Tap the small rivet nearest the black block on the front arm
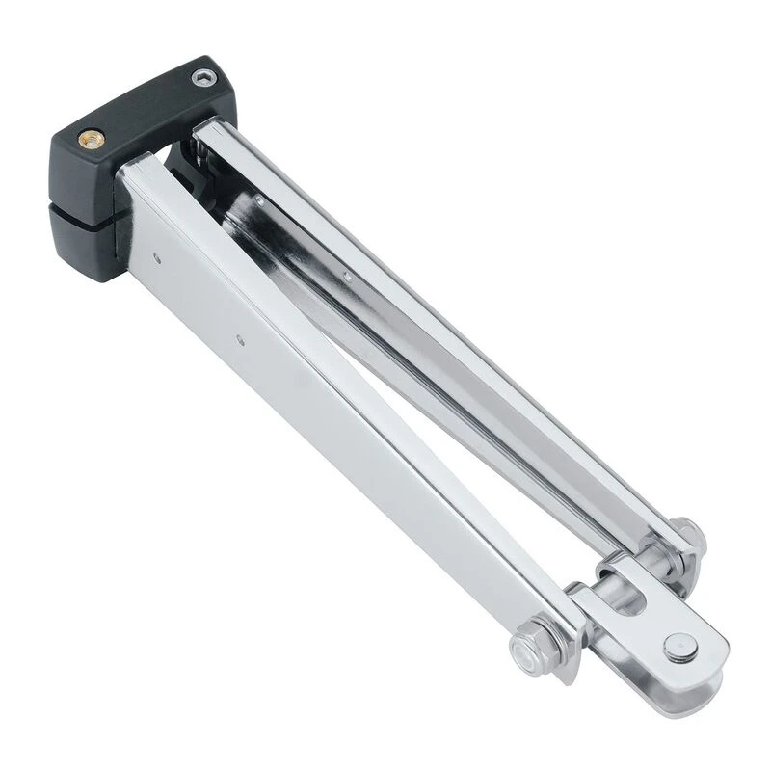(x=155, y=257)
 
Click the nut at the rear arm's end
(x=687, y=532)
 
